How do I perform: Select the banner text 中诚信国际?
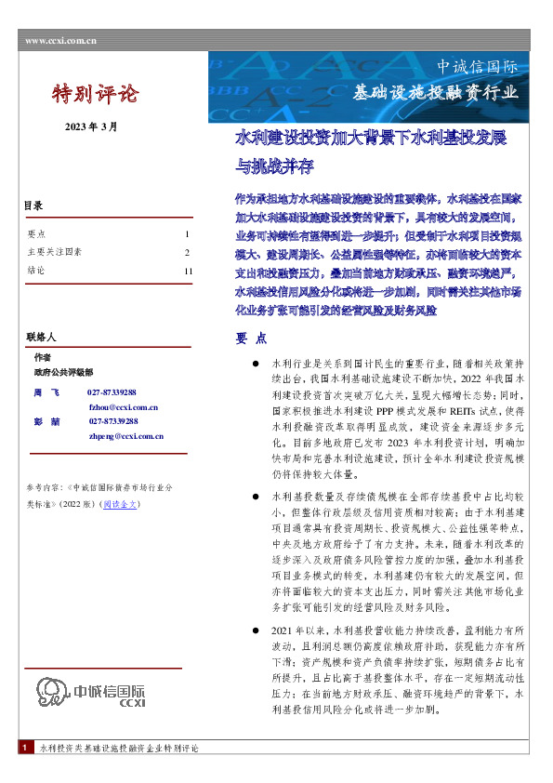pyautogui.click(x=478, y=67)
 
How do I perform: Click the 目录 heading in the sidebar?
pyautogui.click(x=33, y=206)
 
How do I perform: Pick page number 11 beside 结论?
pyautogui.click(x=189, y=271)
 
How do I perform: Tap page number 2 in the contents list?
pyautogui.click(x=187, y=252)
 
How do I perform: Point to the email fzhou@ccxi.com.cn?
pyautogui.click(x=123, y=407)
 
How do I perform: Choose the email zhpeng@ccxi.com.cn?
pyautogui.click(x=126, y=435)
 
